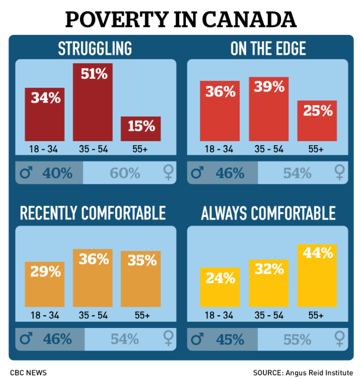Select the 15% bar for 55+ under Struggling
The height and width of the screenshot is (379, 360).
click(x=141, y=128)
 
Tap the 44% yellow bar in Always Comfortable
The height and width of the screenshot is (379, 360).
click(x=317, y=275)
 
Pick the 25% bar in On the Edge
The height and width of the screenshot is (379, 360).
click(x=317, y=121)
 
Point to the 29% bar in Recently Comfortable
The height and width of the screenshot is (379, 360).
click(x=45, y=284)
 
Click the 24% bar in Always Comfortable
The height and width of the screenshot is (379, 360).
click(x=220, y=287)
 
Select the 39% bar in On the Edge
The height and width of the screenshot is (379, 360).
click(x=269, y=109)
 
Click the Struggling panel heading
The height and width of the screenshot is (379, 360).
click(x=95, y=49)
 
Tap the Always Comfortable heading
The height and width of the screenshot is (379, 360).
click(x=268, y=213)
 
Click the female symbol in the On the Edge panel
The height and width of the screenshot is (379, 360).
click(x=339, y=173)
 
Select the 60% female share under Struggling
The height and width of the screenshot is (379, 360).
click(x=126, y=173)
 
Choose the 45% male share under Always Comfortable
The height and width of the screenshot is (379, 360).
click(x=230, y=339)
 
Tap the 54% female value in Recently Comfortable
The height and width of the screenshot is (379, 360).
click(x=125, y=339)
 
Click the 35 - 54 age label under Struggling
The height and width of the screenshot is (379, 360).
click(x=93, y=149)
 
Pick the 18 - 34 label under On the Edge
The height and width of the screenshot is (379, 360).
click(x=220, y=149)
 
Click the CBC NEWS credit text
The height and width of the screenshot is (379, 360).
click(x=28, y=373)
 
